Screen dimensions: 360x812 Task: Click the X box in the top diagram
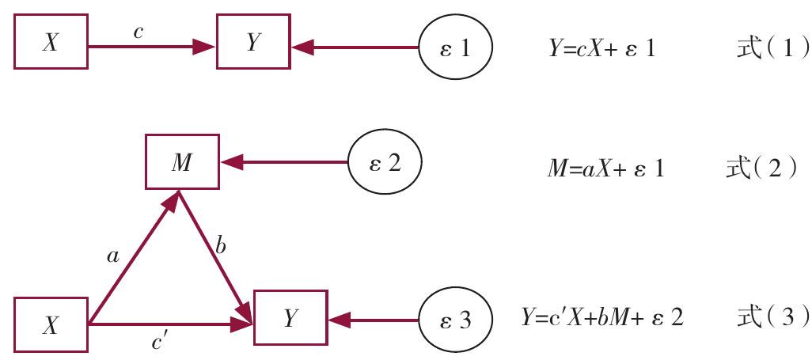click(51, 44)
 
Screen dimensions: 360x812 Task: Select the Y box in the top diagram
click(253, 44)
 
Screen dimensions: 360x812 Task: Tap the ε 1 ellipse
click(456, 47)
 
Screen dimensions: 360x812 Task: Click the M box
click(181, 163)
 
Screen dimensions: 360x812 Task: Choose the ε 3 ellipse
click(455, 320)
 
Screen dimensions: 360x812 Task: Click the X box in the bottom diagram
click(51, 324)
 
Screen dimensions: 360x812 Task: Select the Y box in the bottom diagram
click(289, 318)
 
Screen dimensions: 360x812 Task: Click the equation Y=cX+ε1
click(601, 49)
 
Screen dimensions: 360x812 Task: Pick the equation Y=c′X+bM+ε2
click(601, 319)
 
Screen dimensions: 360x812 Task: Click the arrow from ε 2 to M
click(285, 163)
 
